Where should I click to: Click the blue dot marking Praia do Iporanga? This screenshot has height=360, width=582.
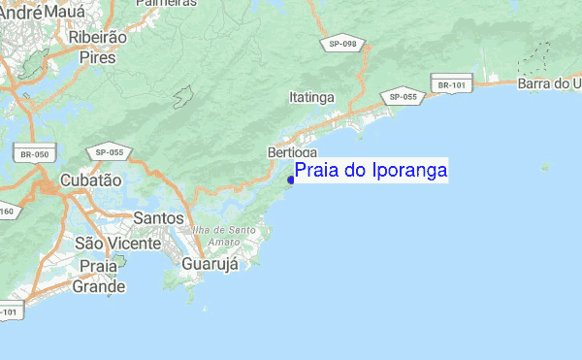tap(291, 179)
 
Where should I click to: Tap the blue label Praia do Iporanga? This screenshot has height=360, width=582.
tap(371, 171)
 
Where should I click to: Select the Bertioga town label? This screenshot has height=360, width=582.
tap(291, 153)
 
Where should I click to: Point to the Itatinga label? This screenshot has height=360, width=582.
tap(311, 98)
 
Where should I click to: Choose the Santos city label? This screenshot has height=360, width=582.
tap(159, 217)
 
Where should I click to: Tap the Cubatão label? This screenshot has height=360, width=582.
tap(90, 180)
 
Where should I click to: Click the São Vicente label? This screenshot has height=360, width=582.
tap(117, 243)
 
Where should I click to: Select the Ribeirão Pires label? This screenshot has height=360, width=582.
tap(98, 48)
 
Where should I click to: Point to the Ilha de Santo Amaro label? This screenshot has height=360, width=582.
tap(224, 235)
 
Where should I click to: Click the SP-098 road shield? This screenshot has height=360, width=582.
tap(342, 45)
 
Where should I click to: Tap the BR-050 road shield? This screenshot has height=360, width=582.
tap(34, 153)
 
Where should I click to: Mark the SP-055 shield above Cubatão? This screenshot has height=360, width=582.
tap(109, 152)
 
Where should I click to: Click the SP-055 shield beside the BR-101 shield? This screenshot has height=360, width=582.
tap(403, 97)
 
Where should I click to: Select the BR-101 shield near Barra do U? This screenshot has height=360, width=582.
tap(453, 85)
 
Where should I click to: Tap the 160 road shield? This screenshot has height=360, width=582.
tap(7, 212)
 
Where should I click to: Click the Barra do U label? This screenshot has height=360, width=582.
tap(549, 84)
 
